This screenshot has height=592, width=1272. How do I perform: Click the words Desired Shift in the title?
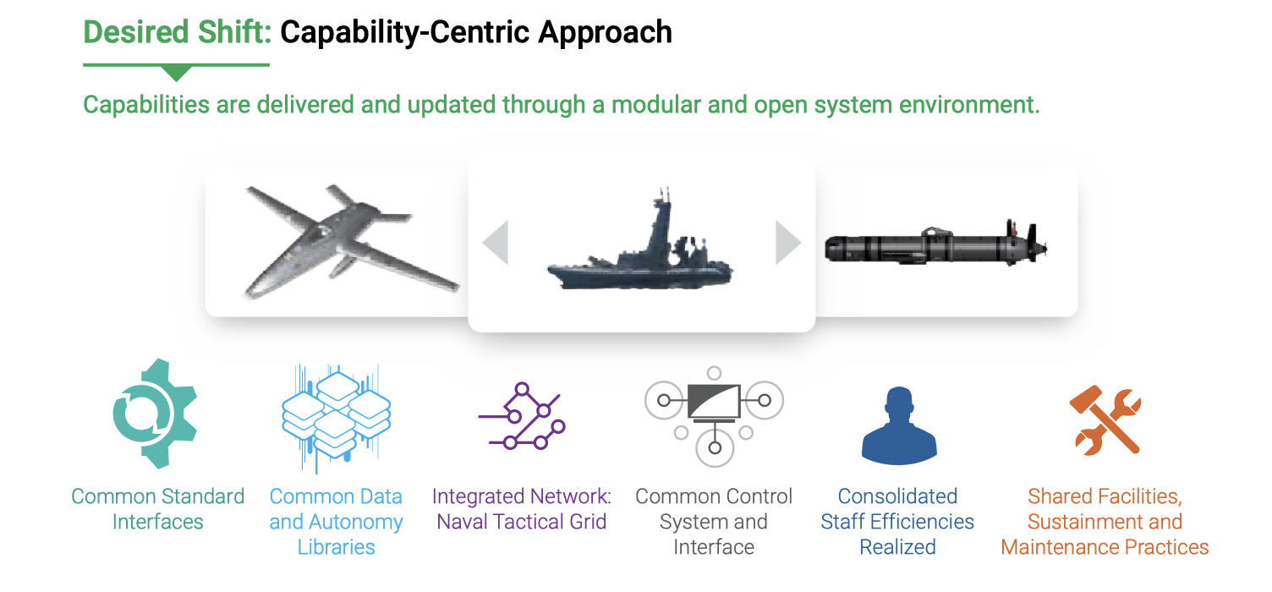click(x=177, y=32)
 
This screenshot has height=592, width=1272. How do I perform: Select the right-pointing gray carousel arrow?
click(x=788, y=243)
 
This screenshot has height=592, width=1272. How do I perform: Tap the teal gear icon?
click(x=155, y=414)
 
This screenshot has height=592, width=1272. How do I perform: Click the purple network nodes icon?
click(x=522, y=417)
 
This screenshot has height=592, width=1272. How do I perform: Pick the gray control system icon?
click(x=715, y=417)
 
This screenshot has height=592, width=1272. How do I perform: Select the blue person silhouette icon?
click(x=899, y=425)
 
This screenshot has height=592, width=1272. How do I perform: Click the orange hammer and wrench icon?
click(x=1105, y=420)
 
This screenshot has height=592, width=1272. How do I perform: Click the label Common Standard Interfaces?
click(x=158, y=509)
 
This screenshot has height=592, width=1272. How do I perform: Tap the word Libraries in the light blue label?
click(x=336, y=547)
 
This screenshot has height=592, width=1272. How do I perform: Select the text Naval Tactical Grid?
click(x=522, y=522)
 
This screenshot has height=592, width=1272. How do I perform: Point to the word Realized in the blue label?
click(x=898, y=547)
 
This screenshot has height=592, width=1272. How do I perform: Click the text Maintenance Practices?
click(x=1105, y=547)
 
